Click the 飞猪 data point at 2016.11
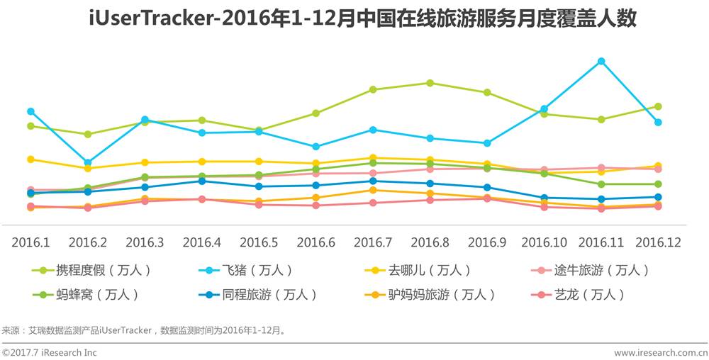(x=601, y=61)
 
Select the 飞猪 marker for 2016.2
(x=88, y=162)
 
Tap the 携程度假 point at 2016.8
(x=430, y=83)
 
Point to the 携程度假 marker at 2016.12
(x=659, y=106)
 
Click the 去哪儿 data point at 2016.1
(x=30, y=159)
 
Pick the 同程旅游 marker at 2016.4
(x=202, y=181)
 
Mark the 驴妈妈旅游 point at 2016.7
(x=373, y=190)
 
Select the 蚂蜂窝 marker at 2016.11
(x=601, y=184)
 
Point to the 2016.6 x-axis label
(x=316, y=242)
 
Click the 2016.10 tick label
(x=544, y=242)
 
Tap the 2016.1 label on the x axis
(x=30, y=242)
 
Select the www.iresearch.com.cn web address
(x=660, y=352)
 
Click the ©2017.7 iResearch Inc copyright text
(x=50, y=352)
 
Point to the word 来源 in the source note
(x=11, y=330)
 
